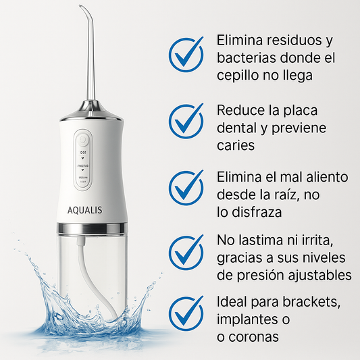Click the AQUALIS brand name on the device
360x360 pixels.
pos(84,209)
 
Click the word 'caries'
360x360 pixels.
pos(236,145)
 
